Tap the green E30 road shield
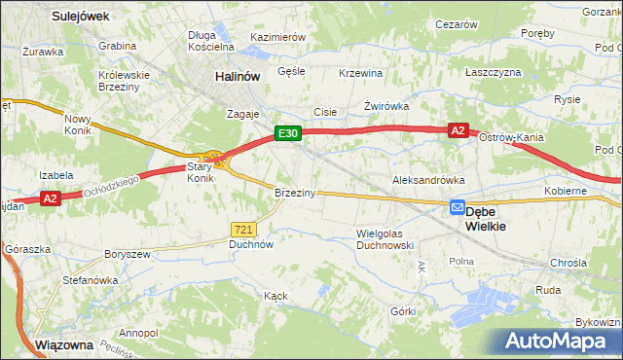click(285, 134)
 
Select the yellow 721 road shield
click(243, 229)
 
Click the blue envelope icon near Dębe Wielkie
click(457, 207)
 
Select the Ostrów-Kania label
click(513, 137)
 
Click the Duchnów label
click(250, 245)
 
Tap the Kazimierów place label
click(278, 36)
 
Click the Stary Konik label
click(200, 172)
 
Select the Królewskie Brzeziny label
click(124, 80)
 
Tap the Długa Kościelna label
click(211, 40)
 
